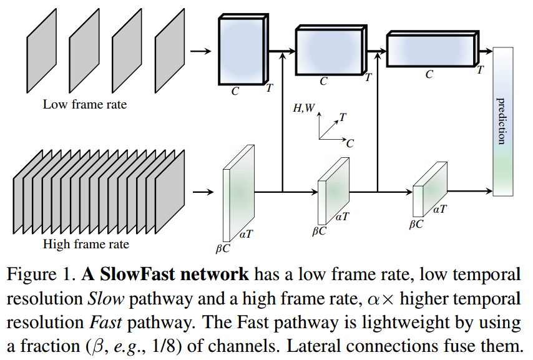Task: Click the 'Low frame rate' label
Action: [x=84, y=104]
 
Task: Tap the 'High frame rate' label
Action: [x=86, y=243]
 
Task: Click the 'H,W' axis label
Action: [x=304, y=108]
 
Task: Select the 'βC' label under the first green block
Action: [x=223, y=248]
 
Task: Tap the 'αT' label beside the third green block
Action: [x=440, y=209]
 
